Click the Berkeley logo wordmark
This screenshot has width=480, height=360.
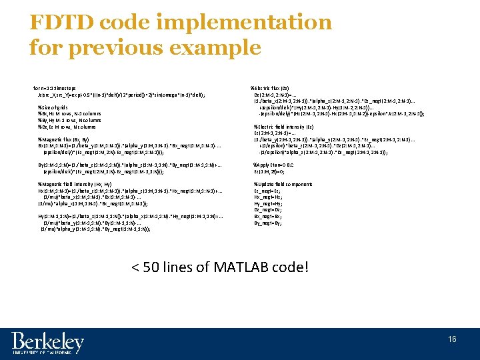pyautogui.click(x=48, y=343)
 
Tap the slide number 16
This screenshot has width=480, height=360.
pyautogui.click(x=453, y=339)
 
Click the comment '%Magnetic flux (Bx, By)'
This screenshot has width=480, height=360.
pyautogui.click(x=66, y=139)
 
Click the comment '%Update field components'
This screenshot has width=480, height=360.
pyautogui.click(x=282, y=184)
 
